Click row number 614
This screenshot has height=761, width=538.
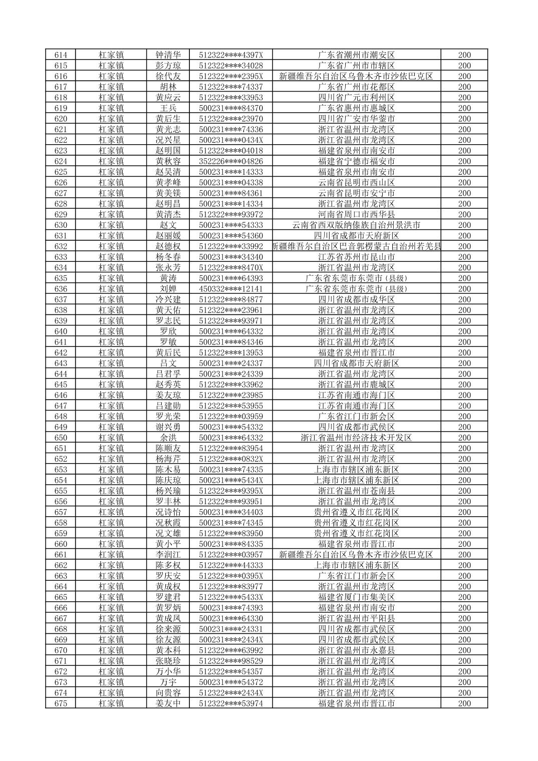click(61, 55)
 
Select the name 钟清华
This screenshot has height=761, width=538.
click(168, 55)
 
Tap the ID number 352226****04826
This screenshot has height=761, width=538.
click(230, 161)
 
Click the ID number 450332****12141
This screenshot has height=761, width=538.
click(230, 289)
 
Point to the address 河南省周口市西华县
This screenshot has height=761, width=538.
click(356, 214)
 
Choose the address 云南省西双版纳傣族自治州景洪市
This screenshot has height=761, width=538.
click(356, 225)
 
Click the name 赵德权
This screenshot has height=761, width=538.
click(168, 246)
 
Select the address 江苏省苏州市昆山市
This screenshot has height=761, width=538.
click(356, 257)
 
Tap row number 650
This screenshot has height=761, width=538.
click(61, 438)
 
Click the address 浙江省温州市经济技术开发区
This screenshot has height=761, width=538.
click(356, 438)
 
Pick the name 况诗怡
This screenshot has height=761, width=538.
click(168, 512)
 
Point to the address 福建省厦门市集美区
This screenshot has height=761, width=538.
click(356, 597)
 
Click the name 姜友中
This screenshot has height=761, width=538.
click(168, 703)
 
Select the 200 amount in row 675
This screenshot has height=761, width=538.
click(464, 703)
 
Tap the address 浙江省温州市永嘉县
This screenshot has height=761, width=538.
click(356, 650)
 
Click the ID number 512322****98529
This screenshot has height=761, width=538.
click(230, 661)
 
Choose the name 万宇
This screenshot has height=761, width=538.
click(168, 682)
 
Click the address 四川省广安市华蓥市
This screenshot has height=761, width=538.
click(356, 119)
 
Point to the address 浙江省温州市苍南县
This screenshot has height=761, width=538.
click(356, 491)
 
